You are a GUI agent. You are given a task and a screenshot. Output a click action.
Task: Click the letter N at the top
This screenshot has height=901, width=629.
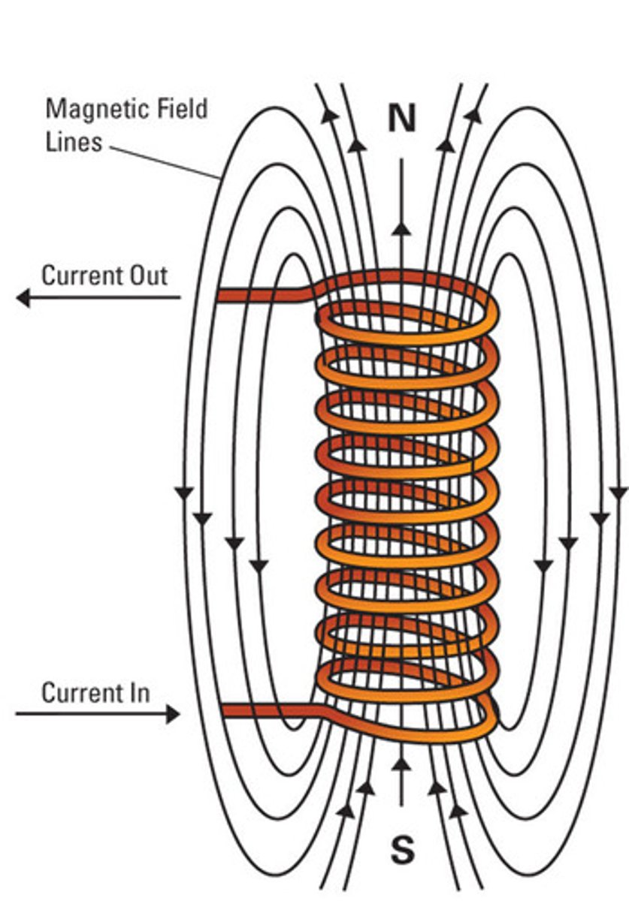click(402, 119)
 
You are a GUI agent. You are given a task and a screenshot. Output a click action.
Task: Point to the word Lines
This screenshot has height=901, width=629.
click(74, 142)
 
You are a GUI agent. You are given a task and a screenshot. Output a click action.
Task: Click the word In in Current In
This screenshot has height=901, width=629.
click(138, 692)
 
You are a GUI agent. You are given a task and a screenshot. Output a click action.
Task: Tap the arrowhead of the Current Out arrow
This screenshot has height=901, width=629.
click(23, 298)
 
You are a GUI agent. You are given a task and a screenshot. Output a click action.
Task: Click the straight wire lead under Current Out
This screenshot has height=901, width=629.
click(256, 295)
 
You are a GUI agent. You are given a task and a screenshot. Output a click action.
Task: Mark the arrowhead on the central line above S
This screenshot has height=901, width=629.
click(402, 764)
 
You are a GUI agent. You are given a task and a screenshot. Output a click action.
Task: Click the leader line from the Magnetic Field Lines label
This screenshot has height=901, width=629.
click(165, 162)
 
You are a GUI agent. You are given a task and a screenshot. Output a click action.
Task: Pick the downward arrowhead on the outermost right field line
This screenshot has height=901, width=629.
click(617, 493)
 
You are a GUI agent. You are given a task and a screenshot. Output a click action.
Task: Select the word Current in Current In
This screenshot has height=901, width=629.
click(79, 692)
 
